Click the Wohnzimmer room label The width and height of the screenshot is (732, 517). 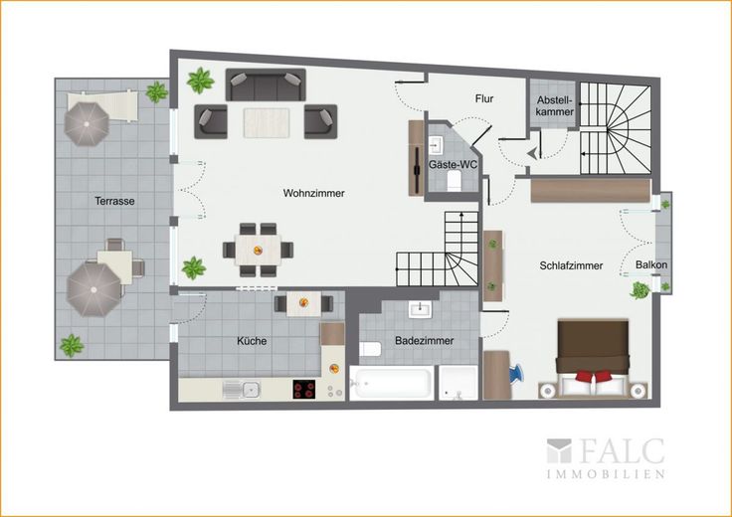tap(313, 193)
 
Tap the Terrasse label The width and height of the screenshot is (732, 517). tap(114, 201)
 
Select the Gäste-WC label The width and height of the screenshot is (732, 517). tap(453, 165)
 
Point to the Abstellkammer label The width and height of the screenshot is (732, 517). tap(555, 106)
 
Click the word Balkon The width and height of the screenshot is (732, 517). tap(651, 264)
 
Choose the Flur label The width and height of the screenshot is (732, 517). tap(484, 98)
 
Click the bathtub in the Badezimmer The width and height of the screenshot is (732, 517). tap(391, 383)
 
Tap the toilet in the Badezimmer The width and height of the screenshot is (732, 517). tap(370, 349)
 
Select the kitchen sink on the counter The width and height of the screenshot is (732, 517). tap(241, 389)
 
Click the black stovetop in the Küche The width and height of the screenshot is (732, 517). tap(304, 389)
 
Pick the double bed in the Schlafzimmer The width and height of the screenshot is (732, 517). tap(593, 358)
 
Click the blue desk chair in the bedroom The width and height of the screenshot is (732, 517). tap(516, 374)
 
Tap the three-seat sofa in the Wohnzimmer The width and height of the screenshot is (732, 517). tap(266, 85)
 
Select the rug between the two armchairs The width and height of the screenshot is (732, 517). tap(267, 122)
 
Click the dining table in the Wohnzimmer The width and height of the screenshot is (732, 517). tap(258, 251)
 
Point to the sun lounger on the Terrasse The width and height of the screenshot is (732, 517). tap(101, 106)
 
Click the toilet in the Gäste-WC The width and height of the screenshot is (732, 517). tap(455, 181)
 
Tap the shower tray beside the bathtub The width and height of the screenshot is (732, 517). tap(458, 383)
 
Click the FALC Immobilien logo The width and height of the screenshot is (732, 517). tap(606, 457)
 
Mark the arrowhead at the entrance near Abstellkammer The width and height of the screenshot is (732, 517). tap(531, 153)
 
